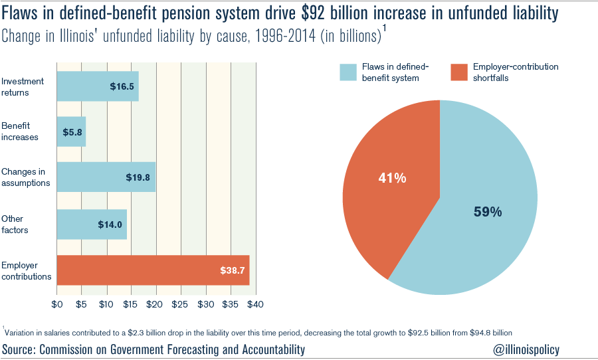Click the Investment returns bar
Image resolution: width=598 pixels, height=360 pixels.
[x=98, y=86]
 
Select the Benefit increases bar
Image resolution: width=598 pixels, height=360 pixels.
[x=71, y=132]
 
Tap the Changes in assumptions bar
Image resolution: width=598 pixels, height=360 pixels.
[x=106, y=177]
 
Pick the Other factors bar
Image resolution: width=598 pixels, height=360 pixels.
[x=92, y=225]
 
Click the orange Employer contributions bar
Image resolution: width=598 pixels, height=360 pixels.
[x=153, y=270]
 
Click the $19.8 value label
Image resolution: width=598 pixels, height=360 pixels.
[x=138, y=177]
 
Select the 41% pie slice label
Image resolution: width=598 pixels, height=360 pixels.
[x=392, y=178]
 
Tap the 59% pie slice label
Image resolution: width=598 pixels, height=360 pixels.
[x=487, y=212]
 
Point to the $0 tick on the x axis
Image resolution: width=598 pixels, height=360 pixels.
[x=57, y=304]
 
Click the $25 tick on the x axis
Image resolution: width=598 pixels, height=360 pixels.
[x=179, y=304]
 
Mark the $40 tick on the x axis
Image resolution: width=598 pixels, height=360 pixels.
[x=255, y=304]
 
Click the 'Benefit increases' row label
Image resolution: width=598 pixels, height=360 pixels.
[x=20, y=132]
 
